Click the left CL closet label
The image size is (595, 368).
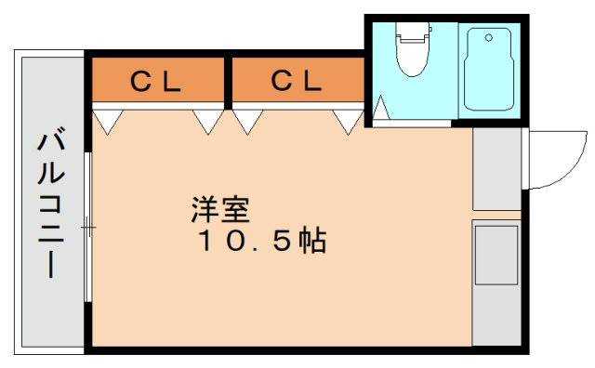(154, 82)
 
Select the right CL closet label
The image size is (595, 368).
(297, 82)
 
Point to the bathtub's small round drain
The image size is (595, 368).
(485, 40)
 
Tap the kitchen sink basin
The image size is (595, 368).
(496, 254)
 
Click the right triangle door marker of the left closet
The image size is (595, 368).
(208, 120)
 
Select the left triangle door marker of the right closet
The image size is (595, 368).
(248, 120)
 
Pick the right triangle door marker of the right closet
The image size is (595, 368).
(349, 120)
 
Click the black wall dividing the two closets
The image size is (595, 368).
(228, 80)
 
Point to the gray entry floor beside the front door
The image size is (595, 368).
(496, 169)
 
